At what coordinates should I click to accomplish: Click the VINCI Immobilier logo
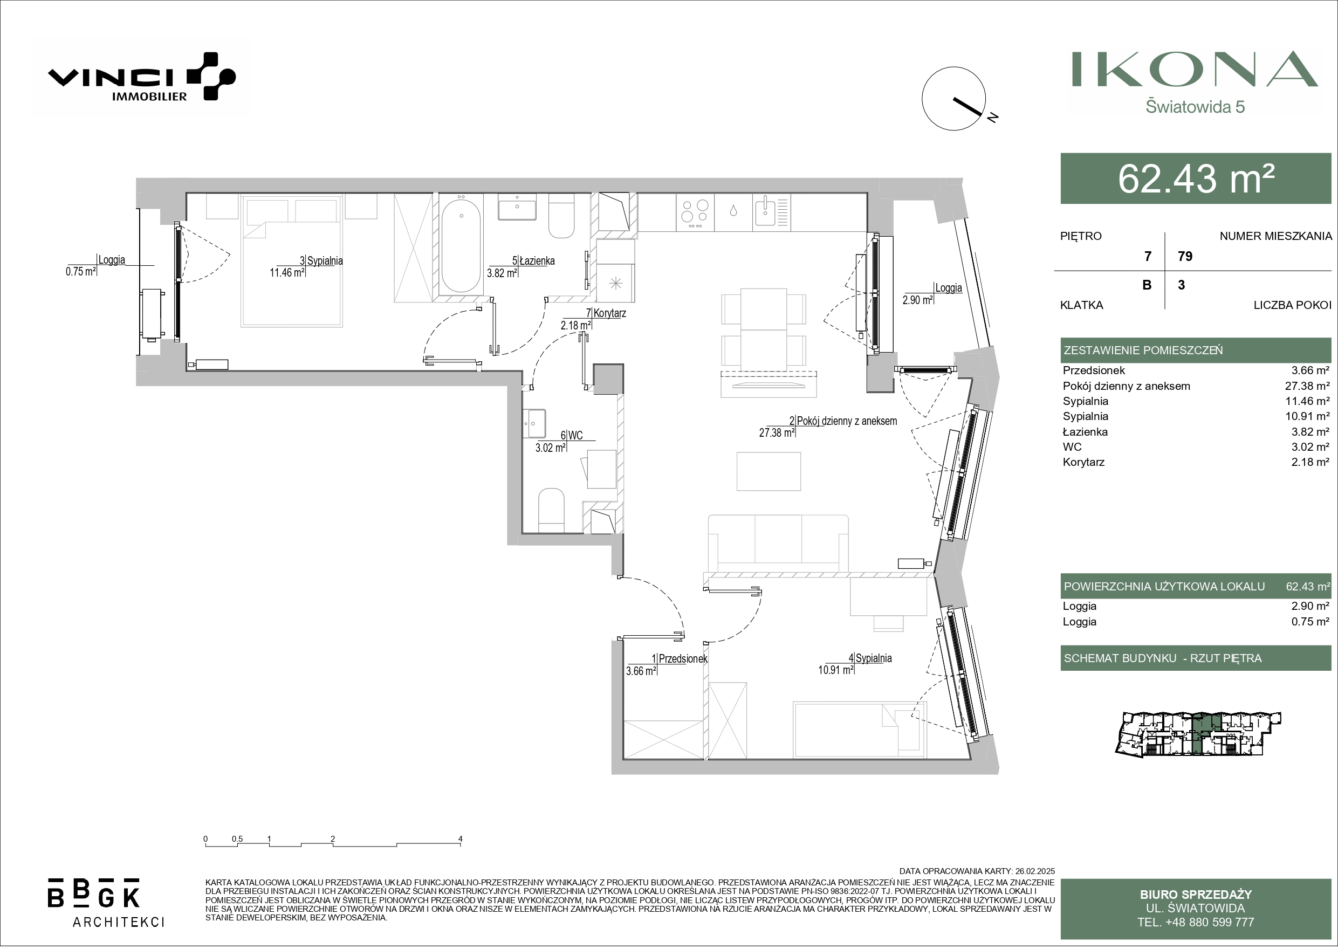click(x=141, y=77)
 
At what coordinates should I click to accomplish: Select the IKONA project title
click(x=1194, y=70)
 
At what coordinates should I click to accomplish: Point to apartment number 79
click(x=1185, y=256)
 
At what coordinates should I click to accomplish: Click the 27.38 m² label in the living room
click(x=777, y=433)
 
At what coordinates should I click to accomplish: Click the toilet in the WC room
click(x=551, y=507)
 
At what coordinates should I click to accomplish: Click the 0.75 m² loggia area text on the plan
click(x=81, y=271)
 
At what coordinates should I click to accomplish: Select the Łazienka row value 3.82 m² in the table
click(x=1310, y=432)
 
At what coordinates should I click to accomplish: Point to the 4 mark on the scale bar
click(x=461, y=839)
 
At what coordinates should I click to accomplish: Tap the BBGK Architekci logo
click(x=105, y=901)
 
